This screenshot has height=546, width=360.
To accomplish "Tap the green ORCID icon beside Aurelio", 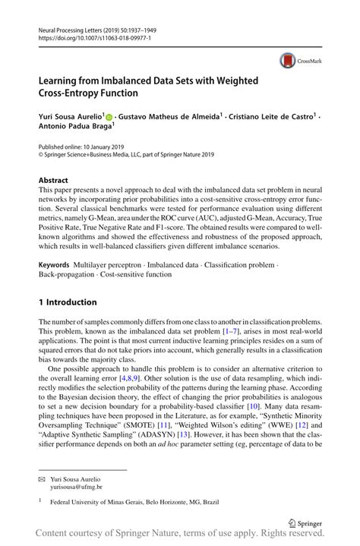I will point(109,116).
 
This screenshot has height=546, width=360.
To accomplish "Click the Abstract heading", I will point(54,181).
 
